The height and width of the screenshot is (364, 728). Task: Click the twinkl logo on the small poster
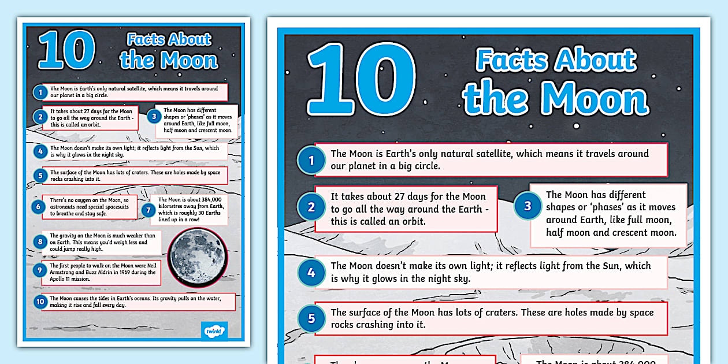pos(215,331)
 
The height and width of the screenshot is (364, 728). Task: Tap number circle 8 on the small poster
pos(40,242)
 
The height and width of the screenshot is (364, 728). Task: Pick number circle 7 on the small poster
pos(148,210)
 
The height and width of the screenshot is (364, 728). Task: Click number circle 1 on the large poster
pos(311,160)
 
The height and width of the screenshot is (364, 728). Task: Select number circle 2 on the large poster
pos(311,207)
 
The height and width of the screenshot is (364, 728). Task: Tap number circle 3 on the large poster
pos(528,206)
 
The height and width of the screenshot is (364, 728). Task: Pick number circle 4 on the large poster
pos(311,272)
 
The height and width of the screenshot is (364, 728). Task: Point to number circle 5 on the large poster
pos(311,318)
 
